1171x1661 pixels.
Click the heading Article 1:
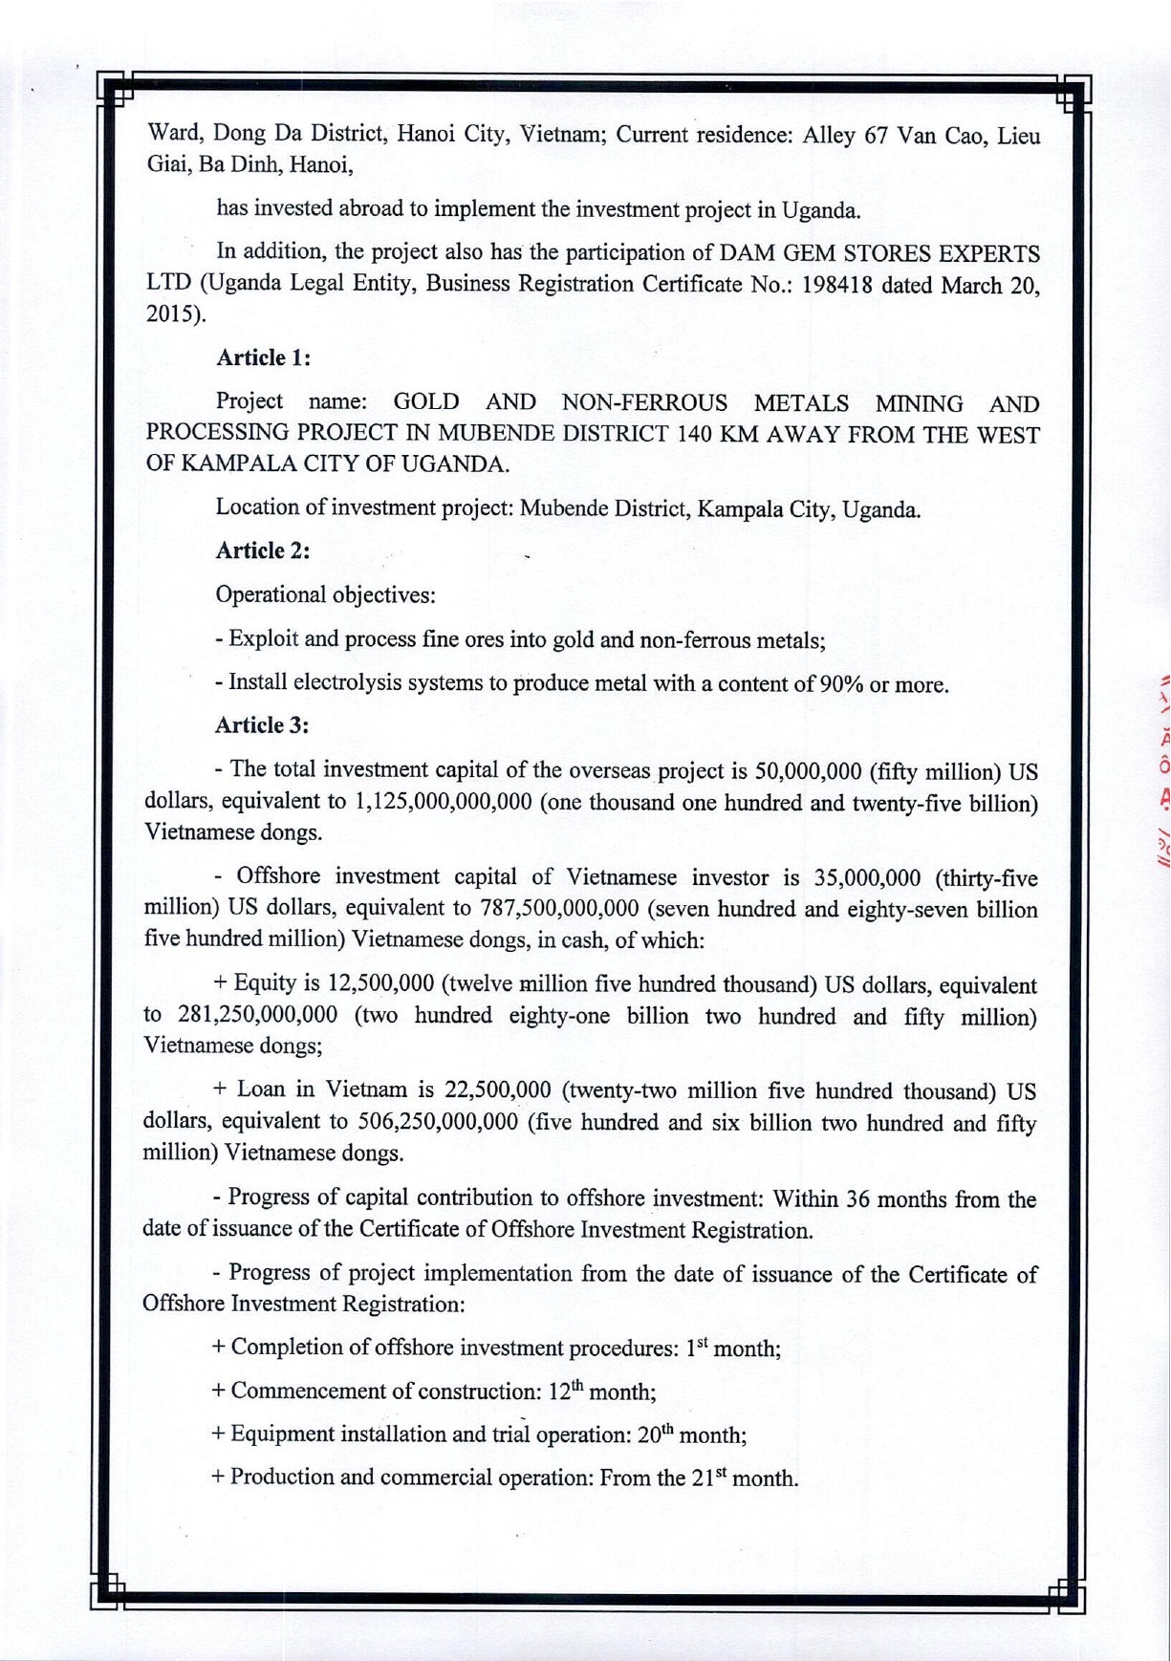click(x=263, y=357)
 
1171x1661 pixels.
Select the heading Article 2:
click(x=263, y=550)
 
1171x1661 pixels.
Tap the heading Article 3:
click(x=263, y=725)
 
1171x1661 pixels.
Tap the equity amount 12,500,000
click(x=380, y=984)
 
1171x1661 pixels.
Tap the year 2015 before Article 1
click(x=169, y=314)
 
